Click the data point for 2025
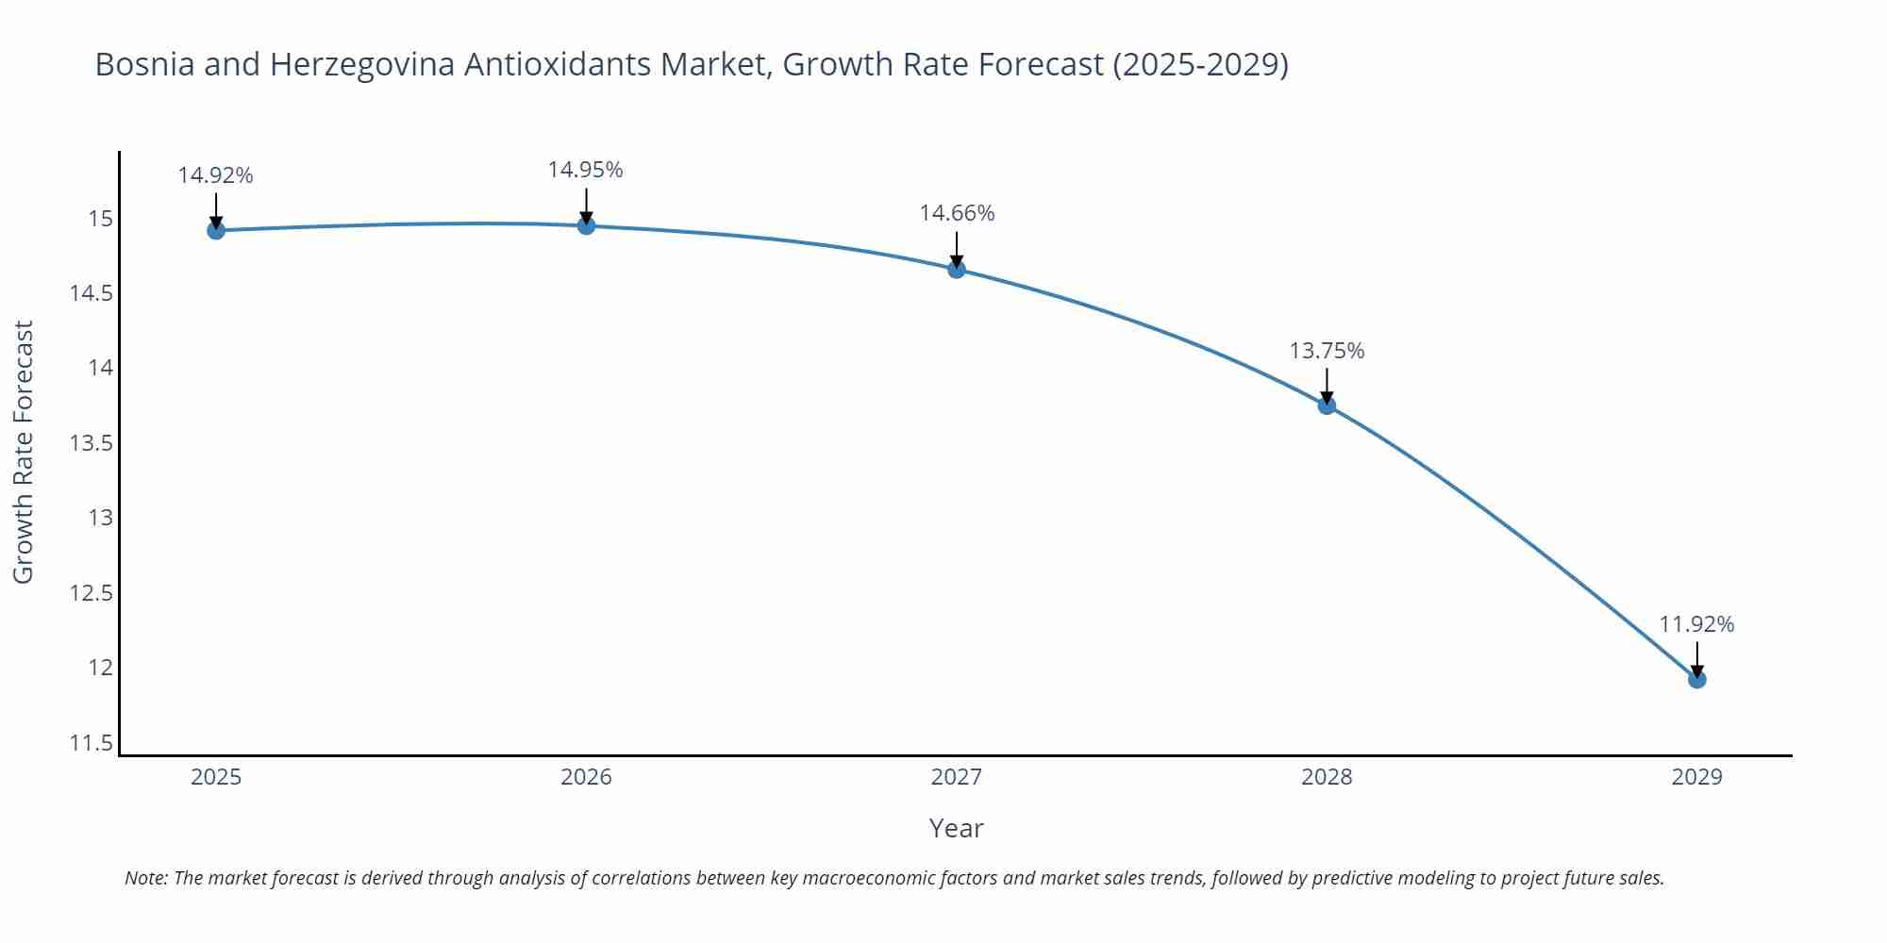(x=216, y=230)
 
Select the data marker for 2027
(x=957, y=270)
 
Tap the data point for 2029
(x=1696, y=679)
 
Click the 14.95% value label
(x=585, y=170)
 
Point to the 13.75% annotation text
(x=1327, y=351)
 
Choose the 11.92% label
(x=1696, y=624)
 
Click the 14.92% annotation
(x=215, y=175)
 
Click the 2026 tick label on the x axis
(x=586, y=777)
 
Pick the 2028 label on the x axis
(x=1327, y=777)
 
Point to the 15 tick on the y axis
(x=100, y=220)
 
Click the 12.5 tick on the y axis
(x=91, y=593)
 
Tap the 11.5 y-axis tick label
(x=91, y=743)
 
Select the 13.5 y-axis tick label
(x=91, y=443)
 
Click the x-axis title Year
(x=956, y=828)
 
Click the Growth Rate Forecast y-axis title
(x=23, y=452)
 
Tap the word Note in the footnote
(x=145, y=878)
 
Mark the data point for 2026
(x=586, y=225)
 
